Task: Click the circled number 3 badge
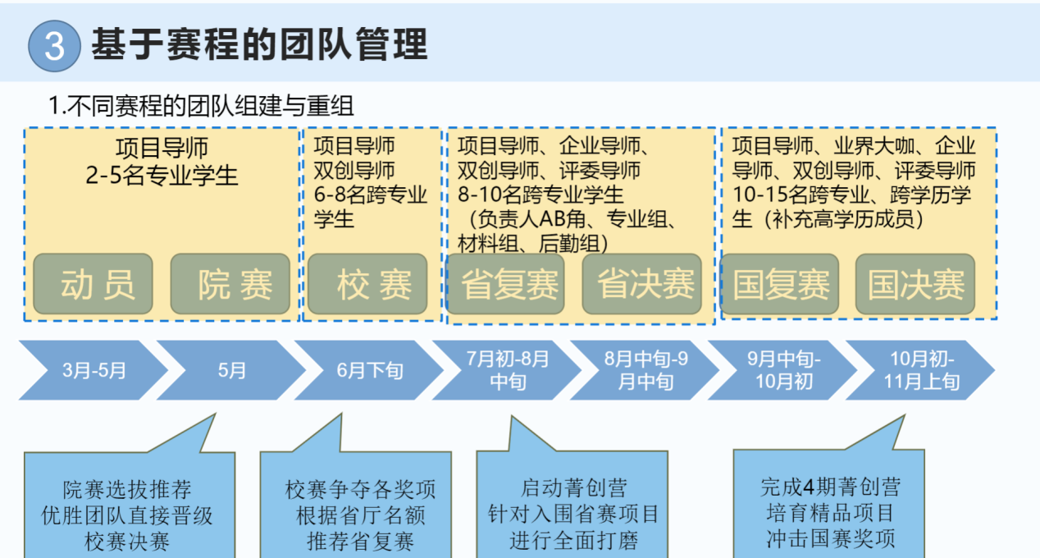point(54,46)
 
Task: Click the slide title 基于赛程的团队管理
point(259,44)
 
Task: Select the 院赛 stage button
point(230,284)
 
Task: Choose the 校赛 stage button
point(367,284)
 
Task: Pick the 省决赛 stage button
point(642,284)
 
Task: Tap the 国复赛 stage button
point(780,284)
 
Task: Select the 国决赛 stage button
point(915,284)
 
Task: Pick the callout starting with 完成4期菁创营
point(829,512)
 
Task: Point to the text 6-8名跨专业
point(371,194)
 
